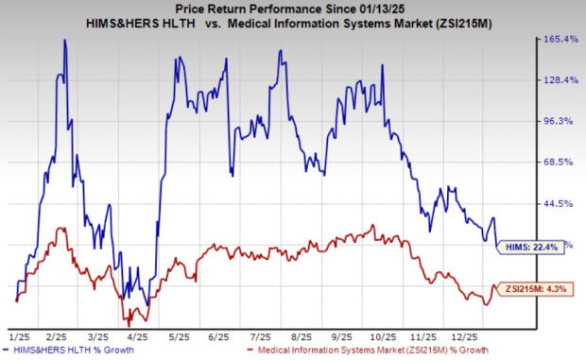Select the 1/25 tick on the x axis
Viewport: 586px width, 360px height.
tap(17, 336)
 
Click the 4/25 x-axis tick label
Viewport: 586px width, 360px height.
tap(138, 336)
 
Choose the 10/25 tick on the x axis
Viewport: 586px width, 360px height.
tap(384, 336)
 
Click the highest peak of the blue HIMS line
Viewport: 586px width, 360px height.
tap(64, 40)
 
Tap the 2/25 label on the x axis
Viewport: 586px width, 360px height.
tap(57, 336)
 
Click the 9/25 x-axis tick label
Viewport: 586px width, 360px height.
tap(343, 336)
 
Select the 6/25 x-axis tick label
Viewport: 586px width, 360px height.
tap(220, 336)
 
